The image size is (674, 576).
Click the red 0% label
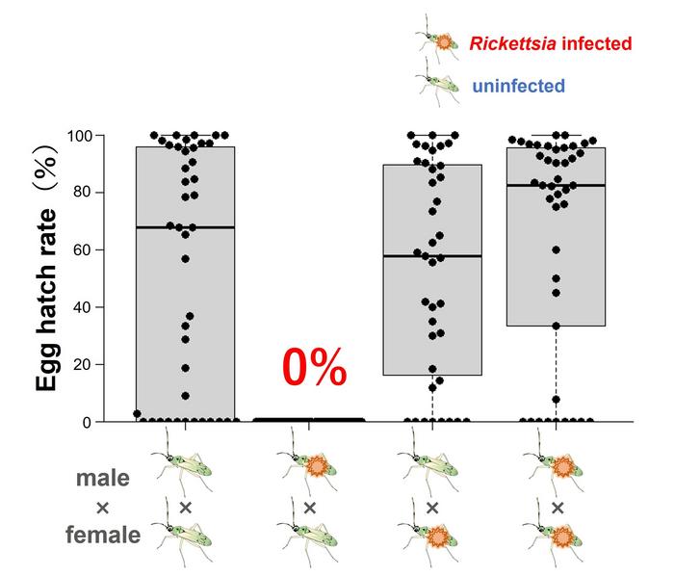[x=313, y=369]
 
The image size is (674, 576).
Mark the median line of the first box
[x=186, y=227]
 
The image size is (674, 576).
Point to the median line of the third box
[x=432, y=256]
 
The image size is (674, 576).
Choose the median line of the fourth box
[x=556, y=185]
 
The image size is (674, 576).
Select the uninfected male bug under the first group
[x=186, y=467]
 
